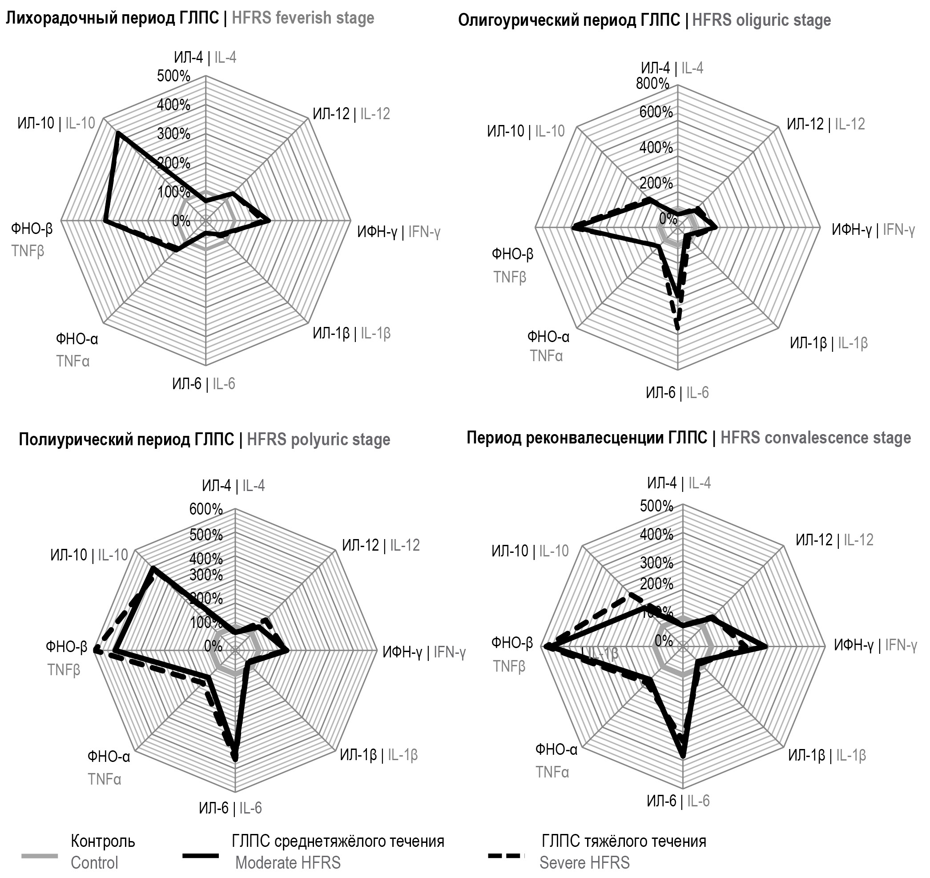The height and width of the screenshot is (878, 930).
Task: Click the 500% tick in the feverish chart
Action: click(x=173, y=76)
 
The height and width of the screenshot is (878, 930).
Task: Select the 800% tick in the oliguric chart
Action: click(x=652, y=84)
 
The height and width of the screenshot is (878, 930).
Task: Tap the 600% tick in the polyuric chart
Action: click(x=206, y=509)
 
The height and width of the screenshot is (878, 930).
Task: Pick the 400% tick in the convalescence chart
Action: click(x=656, y=534)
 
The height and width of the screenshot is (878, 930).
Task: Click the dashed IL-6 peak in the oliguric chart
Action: click(x=677, y=329)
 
